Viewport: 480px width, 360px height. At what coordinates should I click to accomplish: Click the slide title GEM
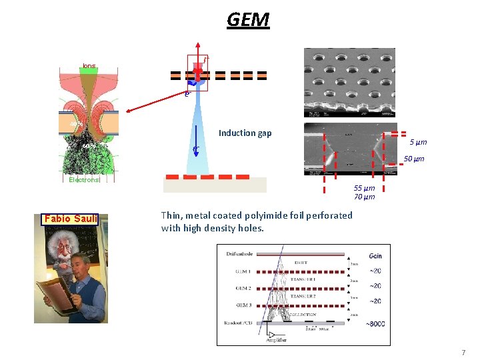[x=248, y=20]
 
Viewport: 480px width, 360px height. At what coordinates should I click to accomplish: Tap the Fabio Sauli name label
[x=71, y=219]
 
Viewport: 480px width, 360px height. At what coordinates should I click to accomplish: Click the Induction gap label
[x=246, y=133]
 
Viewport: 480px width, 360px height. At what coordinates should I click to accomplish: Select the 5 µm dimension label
[x=418, y=142]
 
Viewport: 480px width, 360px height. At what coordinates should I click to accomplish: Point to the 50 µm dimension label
[x=414, y=159]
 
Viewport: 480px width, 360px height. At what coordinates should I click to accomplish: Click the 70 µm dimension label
[x=364, y=197]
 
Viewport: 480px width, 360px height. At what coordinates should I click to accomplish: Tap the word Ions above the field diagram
[x=89, y=65]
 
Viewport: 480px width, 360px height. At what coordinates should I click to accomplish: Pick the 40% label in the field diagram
[x=77, y=124]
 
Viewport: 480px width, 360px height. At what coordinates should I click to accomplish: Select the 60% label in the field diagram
[x=89, y=147]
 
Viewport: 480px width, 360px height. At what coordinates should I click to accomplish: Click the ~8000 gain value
[x=374, y=325]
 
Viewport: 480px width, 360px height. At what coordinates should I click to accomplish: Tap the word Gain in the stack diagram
[x=375, y=256]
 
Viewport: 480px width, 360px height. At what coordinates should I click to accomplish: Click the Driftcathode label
[x=237, y=255]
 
